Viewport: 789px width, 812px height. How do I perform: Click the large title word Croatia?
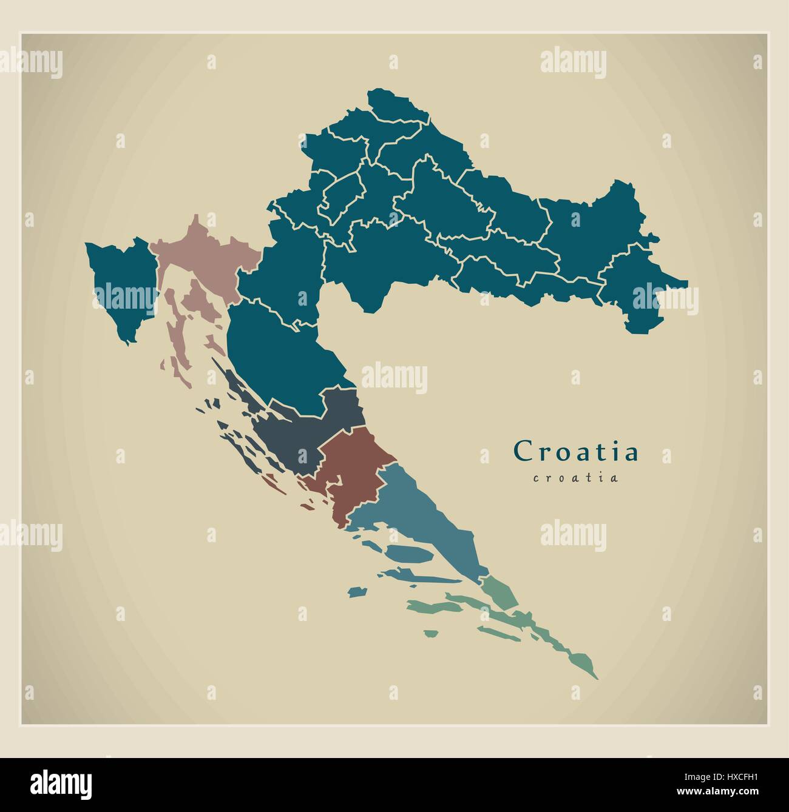(x=575, y=451)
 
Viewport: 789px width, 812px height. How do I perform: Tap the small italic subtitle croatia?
(x=575, y=478)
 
